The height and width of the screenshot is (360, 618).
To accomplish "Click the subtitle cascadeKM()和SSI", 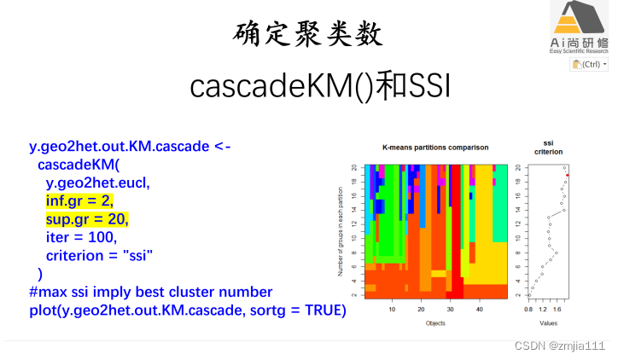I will tap(308, 85).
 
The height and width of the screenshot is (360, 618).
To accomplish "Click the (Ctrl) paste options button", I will tap(589, 64).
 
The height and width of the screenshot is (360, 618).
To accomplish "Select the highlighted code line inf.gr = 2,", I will tap(79, 200).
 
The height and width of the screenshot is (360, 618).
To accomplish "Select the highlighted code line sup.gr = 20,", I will tap(83, 218).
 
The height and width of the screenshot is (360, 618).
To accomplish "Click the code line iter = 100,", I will tap(80, 236).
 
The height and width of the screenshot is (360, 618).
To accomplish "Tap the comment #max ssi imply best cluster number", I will tap(150, 292).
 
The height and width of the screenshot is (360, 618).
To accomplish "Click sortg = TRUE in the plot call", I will tap(300, 310).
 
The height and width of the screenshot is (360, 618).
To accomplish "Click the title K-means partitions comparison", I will tap(428, 148).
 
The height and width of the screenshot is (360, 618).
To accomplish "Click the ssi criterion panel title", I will tap(547, 147).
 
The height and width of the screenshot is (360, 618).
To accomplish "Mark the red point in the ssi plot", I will tap(567, 175).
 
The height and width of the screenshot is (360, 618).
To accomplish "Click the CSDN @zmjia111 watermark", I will tap(564, 345).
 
